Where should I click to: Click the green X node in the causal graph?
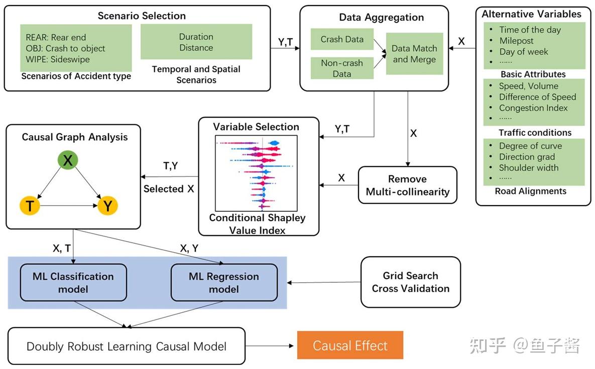click(68, 160)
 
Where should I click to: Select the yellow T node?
click(30, 205)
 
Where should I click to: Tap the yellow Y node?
click(107, 205)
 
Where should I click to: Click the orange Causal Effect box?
click(350, 345)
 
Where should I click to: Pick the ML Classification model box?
click(73, 283)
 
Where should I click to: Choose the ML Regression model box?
click(224, 283)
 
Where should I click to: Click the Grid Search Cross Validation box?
click(410, 282)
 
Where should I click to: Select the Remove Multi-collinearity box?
click(407, 186)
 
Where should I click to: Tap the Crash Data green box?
click(342, 39)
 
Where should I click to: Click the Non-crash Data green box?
click(342, 68)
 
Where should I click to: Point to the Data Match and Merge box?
click(414, 54)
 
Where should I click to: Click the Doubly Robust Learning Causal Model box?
click(127, 346)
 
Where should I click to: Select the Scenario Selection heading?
click(142, 16)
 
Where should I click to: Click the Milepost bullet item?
click(516, 41)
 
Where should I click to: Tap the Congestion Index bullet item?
click(533, 108)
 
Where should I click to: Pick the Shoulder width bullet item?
click(529, 168)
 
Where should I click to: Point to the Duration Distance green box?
click(196, 43)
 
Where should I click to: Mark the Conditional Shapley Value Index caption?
click(257, 224)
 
